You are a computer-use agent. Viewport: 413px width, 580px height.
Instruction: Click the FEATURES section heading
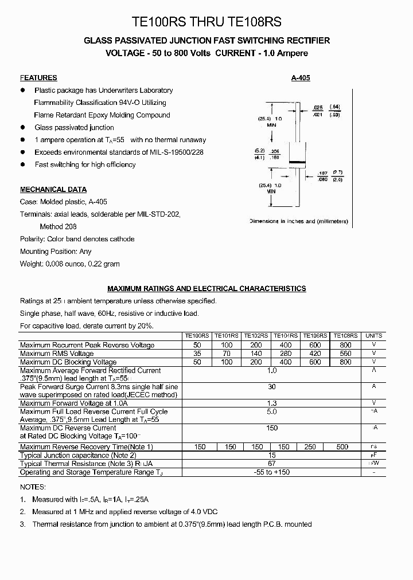tap(38, 78)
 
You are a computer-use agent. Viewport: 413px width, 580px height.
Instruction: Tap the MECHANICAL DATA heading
tap(53, 190)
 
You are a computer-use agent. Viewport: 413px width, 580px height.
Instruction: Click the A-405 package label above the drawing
tap(301, 78)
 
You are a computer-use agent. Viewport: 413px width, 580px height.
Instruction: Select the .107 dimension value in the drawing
tap(322, 173)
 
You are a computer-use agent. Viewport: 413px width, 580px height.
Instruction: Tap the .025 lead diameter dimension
tap(318, 108)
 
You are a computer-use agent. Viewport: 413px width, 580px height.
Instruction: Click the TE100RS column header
tap(197, 336)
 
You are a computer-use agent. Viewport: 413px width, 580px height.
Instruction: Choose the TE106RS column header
tap(315, 336)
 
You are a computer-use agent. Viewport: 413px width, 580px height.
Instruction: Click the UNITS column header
tap(374, 336)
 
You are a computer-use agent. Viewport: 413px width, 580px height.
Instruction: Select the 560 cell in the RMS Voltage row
tap(345, 354)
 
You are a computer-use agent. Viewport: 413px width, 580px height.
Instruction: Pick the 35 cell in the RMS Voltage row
tap(197, 354)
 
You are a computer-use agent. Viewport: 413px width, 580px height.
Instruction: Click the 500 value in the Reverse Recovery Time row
tap(342, 447)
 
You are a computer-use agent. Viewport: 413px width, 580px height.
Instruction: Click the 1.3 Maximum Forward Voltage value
tap(272, 403)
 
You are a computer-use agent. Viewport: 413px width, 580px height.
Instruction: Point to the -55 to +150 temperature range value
tap(272, 472)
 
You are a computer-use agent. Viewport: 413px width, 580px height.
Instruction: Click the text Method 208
tap(58, 226)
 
